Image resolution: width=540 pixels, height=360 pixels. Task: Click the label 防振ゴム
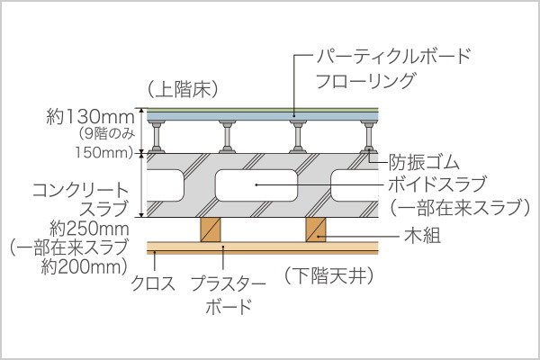pyautogui.click(x=424, y=163)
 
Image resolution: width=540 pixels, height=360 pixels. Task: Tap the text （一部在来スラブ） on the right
pyautogui.click(x=458, y=208)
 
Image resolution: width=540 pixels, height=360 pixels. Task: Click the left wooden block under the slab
pyautogui.click(x=211, y=229)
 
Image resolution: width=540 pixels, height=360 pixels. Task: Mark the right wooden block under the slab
pyautogui.click(x=318, y=229)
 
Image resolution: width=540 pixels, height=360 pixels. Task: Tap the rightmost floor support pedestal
pyautogui.click(x=369, y=135)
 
